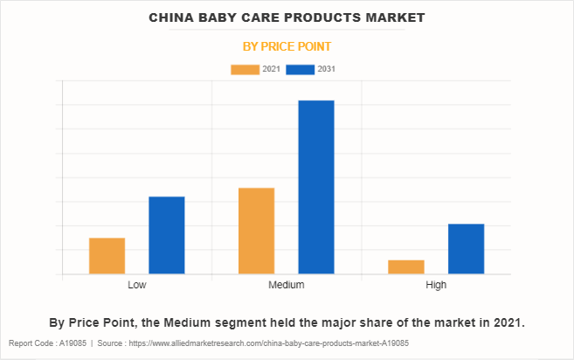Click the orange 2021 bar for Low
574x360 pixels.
(107, 256)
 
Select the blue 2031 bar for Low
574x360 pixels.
(166, 235)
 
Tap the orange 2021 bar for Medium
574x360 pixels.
(256, 231)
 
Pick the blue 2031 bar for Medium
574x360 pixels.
(316, 187)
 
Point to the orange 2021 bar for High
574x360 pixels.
(406, 267)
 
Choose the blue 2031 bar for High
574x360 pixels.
(466, 249)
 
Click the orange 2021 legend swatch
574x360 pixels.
(245, 69)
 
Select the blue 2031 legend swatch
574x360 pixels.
(301, 69)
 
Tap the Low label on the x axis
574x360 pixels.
(136, 286)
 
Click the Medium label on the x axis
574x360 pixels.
(287, 286)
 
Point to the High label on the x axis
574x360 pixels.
(436, 286)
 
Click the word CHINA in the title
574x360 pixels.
(171, 17)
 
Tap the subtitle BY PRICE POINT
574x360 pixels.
(287, 45)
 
